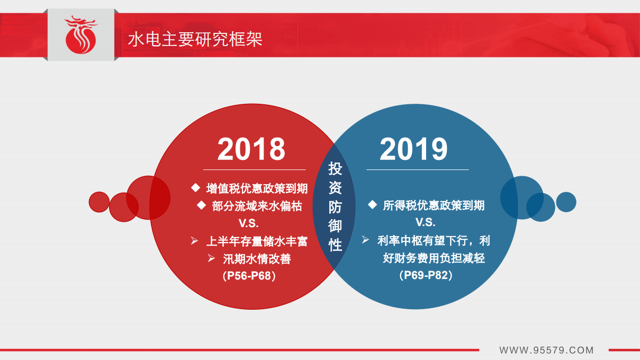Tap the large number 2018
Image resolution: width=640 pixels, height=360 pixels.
[x=251, y=149]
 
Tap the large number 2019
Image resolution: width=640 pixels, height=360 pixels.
[x=413, y=149]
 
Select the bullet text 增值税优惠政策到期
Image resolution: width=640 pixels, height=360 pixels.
[x=257, y=189]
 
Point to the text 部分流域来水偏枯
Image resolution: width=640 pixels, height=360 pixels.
[x=257, y=206]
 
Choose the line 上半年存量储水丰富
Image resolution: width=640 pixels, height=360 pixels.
[x=257, y=241]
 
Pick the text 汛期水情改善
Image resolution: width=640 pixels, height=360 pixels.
[x=257, y=259]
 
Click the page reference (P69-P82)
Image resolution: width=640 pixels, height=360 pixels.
[x=425, y=275]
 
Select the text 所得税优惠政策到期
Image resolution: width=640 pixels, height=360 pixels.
[x=434, y=205]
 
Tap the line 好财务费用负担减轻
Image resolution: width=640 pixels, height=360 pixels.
[x=434, y=258]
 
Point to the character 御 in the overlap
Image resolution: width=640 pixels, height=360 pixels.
[x=335, y=226]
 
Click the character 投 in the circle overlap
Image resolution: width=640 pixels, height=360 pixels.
[x=335, y=169]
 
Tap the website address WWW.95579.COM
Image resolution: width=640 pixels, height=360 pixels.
[x=546, y=350]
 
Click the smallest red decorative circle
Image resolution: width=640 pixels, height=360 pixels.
[x=99, y=202]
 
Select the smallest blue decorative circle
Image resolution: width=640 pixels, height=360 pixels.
[x=566, y=202]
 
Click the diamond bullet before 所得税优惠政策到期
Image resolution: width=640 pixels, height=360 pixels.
[x=372, y=205]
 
